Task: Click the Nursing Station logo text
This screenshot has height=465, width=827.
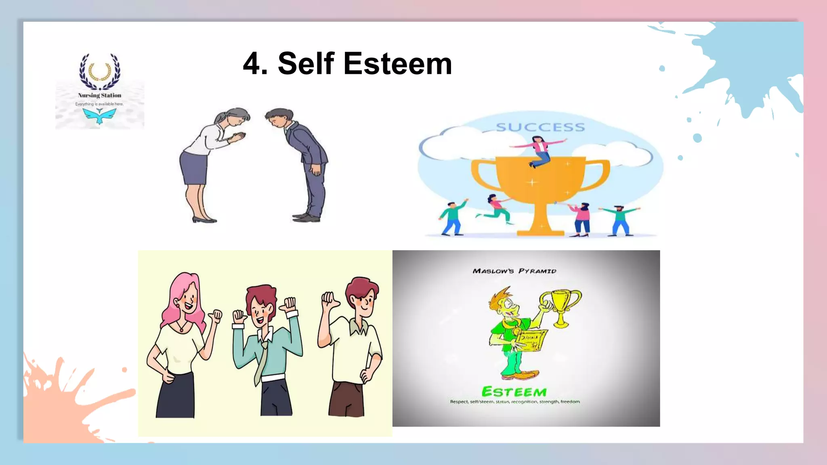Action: tap(100, 95)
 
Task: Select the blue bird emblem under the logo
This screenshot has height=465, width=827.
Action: tap(99, 116)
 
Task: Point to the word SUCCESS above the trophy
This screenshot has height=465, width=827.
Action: tap(540, 128)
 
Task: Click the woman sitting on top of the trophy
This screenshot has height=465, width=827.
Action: tap(539, 151)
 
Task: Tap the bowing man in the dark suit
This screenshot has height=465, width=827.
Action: tap(303, 161)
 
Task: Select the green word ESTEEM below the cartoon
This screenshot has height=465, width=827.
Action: tap(514, 392)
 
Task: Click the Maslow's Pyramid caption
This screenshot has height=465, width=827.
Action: tap(514, 271)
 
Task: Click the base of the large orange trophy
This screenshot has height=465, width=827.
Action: tap(540, 232)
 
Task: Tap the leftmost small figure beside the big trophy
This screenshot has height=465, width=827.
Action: tap(452, 218)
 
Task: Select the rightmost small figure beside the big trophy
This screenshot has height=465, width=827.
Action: tap(620, 220)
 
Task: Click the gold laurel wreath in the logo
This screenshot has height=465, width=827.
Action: tap(99, 72)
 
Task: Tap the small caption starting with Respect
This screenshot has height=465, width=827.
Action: tap(515, 402)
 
